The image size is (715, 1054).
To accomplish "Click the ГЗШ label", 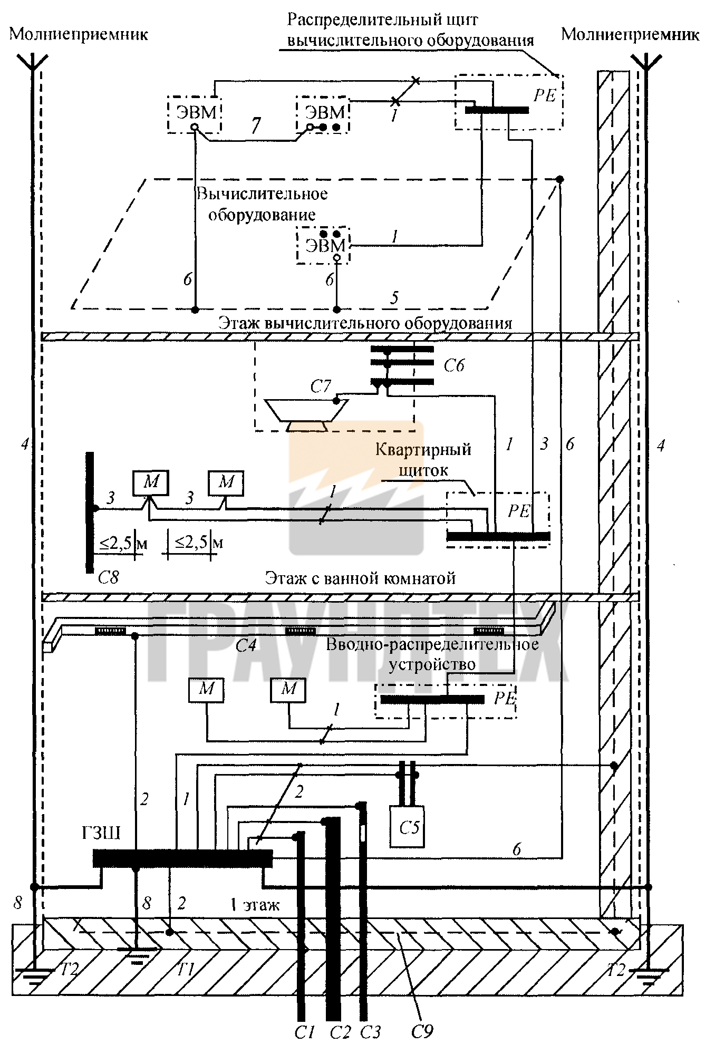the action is point(101,833).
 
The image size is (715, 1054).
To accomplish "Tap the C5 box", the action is point(407,826).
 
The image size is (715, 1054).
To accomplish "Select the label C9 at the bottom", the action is point(422,1031).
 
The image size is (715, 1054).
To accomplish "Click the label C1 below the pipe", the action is point(304,1032).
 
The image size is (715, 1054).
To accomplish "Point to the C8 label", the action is point(108,578).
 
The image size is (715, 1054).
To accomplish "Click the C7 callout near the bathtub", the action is point(320,386).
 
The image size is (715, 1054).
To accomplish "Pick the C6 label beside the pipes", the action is point(453,365).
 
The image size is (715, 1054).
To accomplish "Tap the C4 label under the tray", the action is point(246,645).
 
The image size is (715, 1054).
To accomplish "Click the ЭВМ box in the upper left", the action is point(195,114).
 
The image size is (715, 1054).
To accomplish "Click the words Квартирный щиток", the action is point(423,460).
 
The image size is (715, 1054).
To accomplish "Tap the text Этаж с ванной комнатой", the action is point(360,578).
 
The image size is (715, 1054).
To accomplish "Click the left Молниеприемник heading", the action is point(79,34).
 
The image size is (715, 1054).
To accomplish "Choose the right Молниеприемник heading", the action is point(630,34).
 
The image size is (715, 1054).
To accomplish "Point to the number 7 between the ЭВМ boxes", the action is point(256,125).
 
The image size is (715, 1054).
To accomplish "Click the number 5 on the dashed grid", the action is point(394,298).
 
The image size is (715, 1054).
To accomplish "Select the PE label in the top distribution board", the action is point(545,95).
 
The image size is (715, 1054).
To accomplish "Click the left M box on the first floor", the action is point(206,689).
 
